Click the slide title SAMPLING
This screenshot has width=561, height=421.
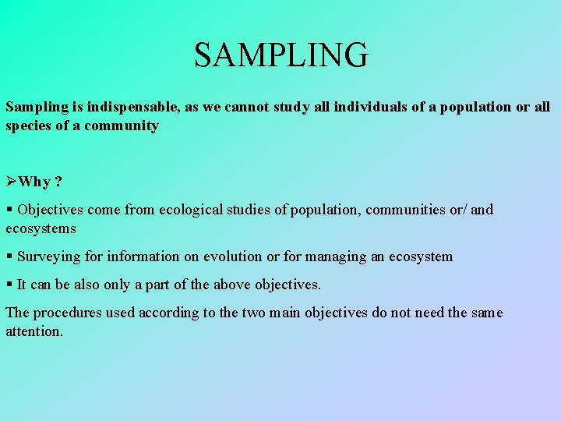(x=280, y=55)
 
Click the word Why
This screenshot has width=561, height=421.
(x=34, y=182)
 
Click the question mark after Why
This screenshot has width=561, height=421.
(x=58, y=182)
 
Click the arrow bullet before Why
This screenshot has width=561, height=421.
(x=12, y=182)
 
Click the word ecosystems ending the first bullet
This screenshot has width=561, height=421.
(x=41, y=228)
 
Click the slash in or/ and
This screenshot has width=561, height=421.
(x=466, y=210)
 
